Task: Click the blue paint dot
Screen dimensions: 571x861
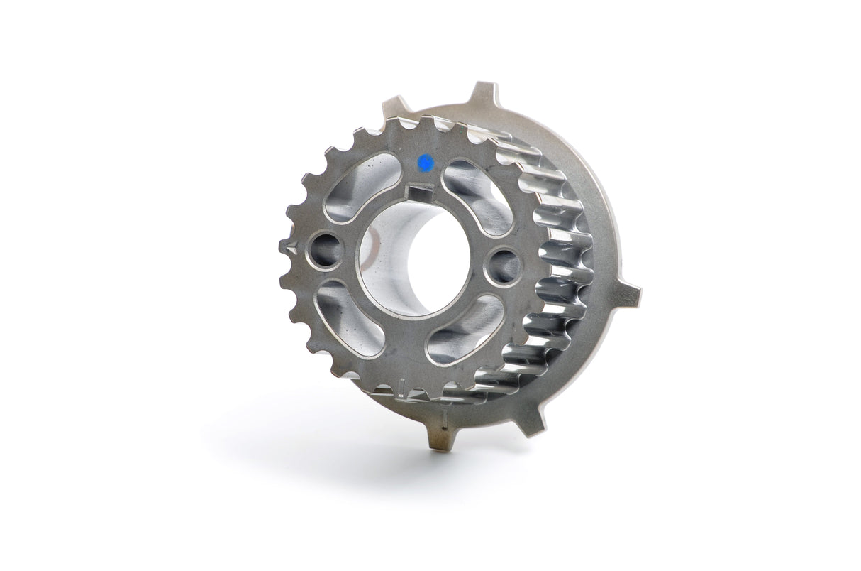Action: [x=425, y=162]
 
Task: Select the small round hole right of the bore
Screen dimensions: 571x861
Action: [x=504, y=265]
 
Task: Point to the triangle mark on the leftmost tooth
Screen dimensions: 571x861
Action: [x=287, y=246]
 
